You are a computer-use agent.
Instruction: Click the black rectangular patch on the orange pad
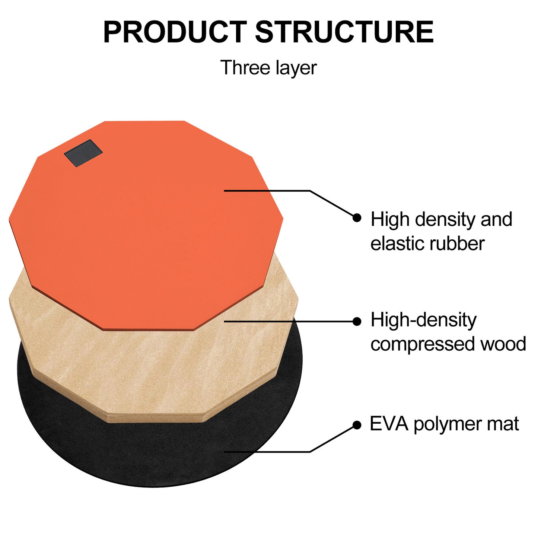tap(83, 153)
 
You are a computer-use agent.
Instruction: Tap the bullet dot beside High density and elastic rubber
tap(357, 217)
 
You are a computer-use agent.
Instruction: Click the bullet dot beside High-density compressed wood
tap(357, 321)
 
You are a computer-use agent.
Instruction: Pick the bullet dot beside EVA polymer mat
tap(357, 425)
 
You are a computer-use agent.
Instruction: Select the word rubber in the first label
tap(457, 243)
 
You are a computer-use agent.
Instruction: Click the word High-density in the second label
tap(424, 321)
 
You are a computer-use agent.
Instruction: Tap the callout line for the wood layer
tap(290, 321)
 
